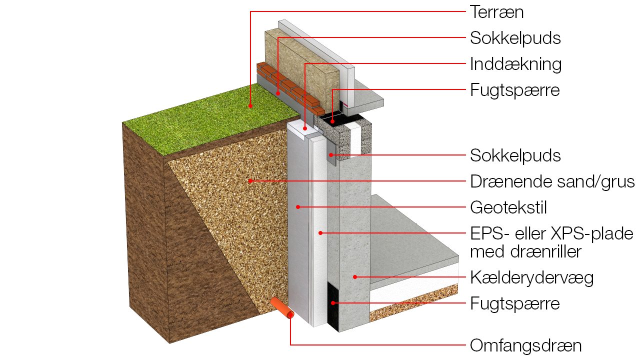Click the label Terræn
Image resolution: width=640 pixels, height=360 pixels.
(496, 12)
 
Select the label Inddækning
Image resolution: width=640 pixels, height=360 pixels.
(515, 64)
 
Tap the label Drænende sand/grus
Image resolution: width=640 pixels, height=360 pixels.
(552, 181)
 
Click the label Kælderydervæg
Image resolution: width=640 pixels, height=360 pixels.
(531, 277)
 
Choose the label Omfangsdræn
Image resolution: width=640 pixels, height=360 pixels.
(525, 345)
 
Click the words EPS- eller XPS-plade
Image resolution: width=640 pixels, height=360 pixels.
(551, 233)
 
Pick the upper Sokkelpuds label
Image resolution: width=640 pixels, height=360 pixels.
(515, 38)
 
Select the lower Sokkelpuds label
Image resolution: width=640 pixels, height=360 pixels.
(515, 155)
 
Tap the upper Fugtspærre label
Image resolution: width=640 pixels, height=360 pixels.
(514, 90)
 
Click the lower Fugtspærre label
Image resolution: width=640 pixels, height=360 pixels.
(514, 303)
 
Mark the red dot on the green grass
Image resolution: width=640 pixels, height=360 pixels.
(250, 105)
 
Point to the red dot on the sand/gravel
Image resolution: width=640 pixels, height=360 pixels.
(250, 181)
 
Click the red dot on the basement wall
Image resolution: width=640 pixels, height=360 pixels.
(354, 276)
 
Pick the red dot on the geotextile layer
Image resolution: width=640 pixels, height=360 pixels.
(298, 206)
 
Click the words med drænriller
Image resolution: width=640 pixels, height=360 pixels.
(525, 251)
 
